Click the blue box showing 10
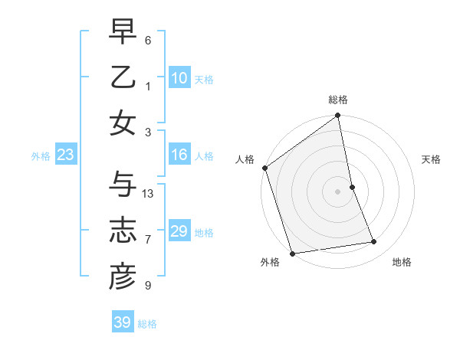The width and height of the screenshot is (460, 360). (x=179, y=78)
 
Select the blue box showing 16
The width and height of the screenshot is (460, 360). (x=179, y=155)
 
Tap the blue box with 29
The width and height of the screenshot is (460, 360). (x=179, y=231)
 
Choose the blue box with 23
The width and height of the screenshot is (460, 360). (x=65, y=155)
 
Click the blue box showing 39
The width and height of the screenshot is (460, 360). (x=122, y=322)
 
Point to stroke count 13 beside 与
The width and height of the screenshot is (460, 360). (x=149, y=193)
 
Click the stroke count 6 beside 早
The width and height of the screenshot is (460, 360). (x=148, y=41)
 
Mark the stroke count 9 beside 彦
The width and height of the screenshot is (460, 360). (x=148, y=286)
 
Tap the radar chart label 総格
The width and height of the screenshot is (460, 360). (x=338, y=100)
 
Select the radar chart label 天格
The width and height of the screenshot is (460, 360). (x=432, y=159)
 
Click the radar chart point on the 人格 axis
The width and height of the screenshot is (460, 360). (x=264, y=168)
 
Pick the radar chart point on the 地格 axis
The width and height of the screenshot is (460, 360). (x=374, y=242)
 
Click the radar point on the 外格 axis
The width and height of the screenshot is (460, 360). (x=292, y=253)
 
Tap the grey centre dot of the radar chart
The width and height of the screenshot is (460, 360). (x=338, y=191)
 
